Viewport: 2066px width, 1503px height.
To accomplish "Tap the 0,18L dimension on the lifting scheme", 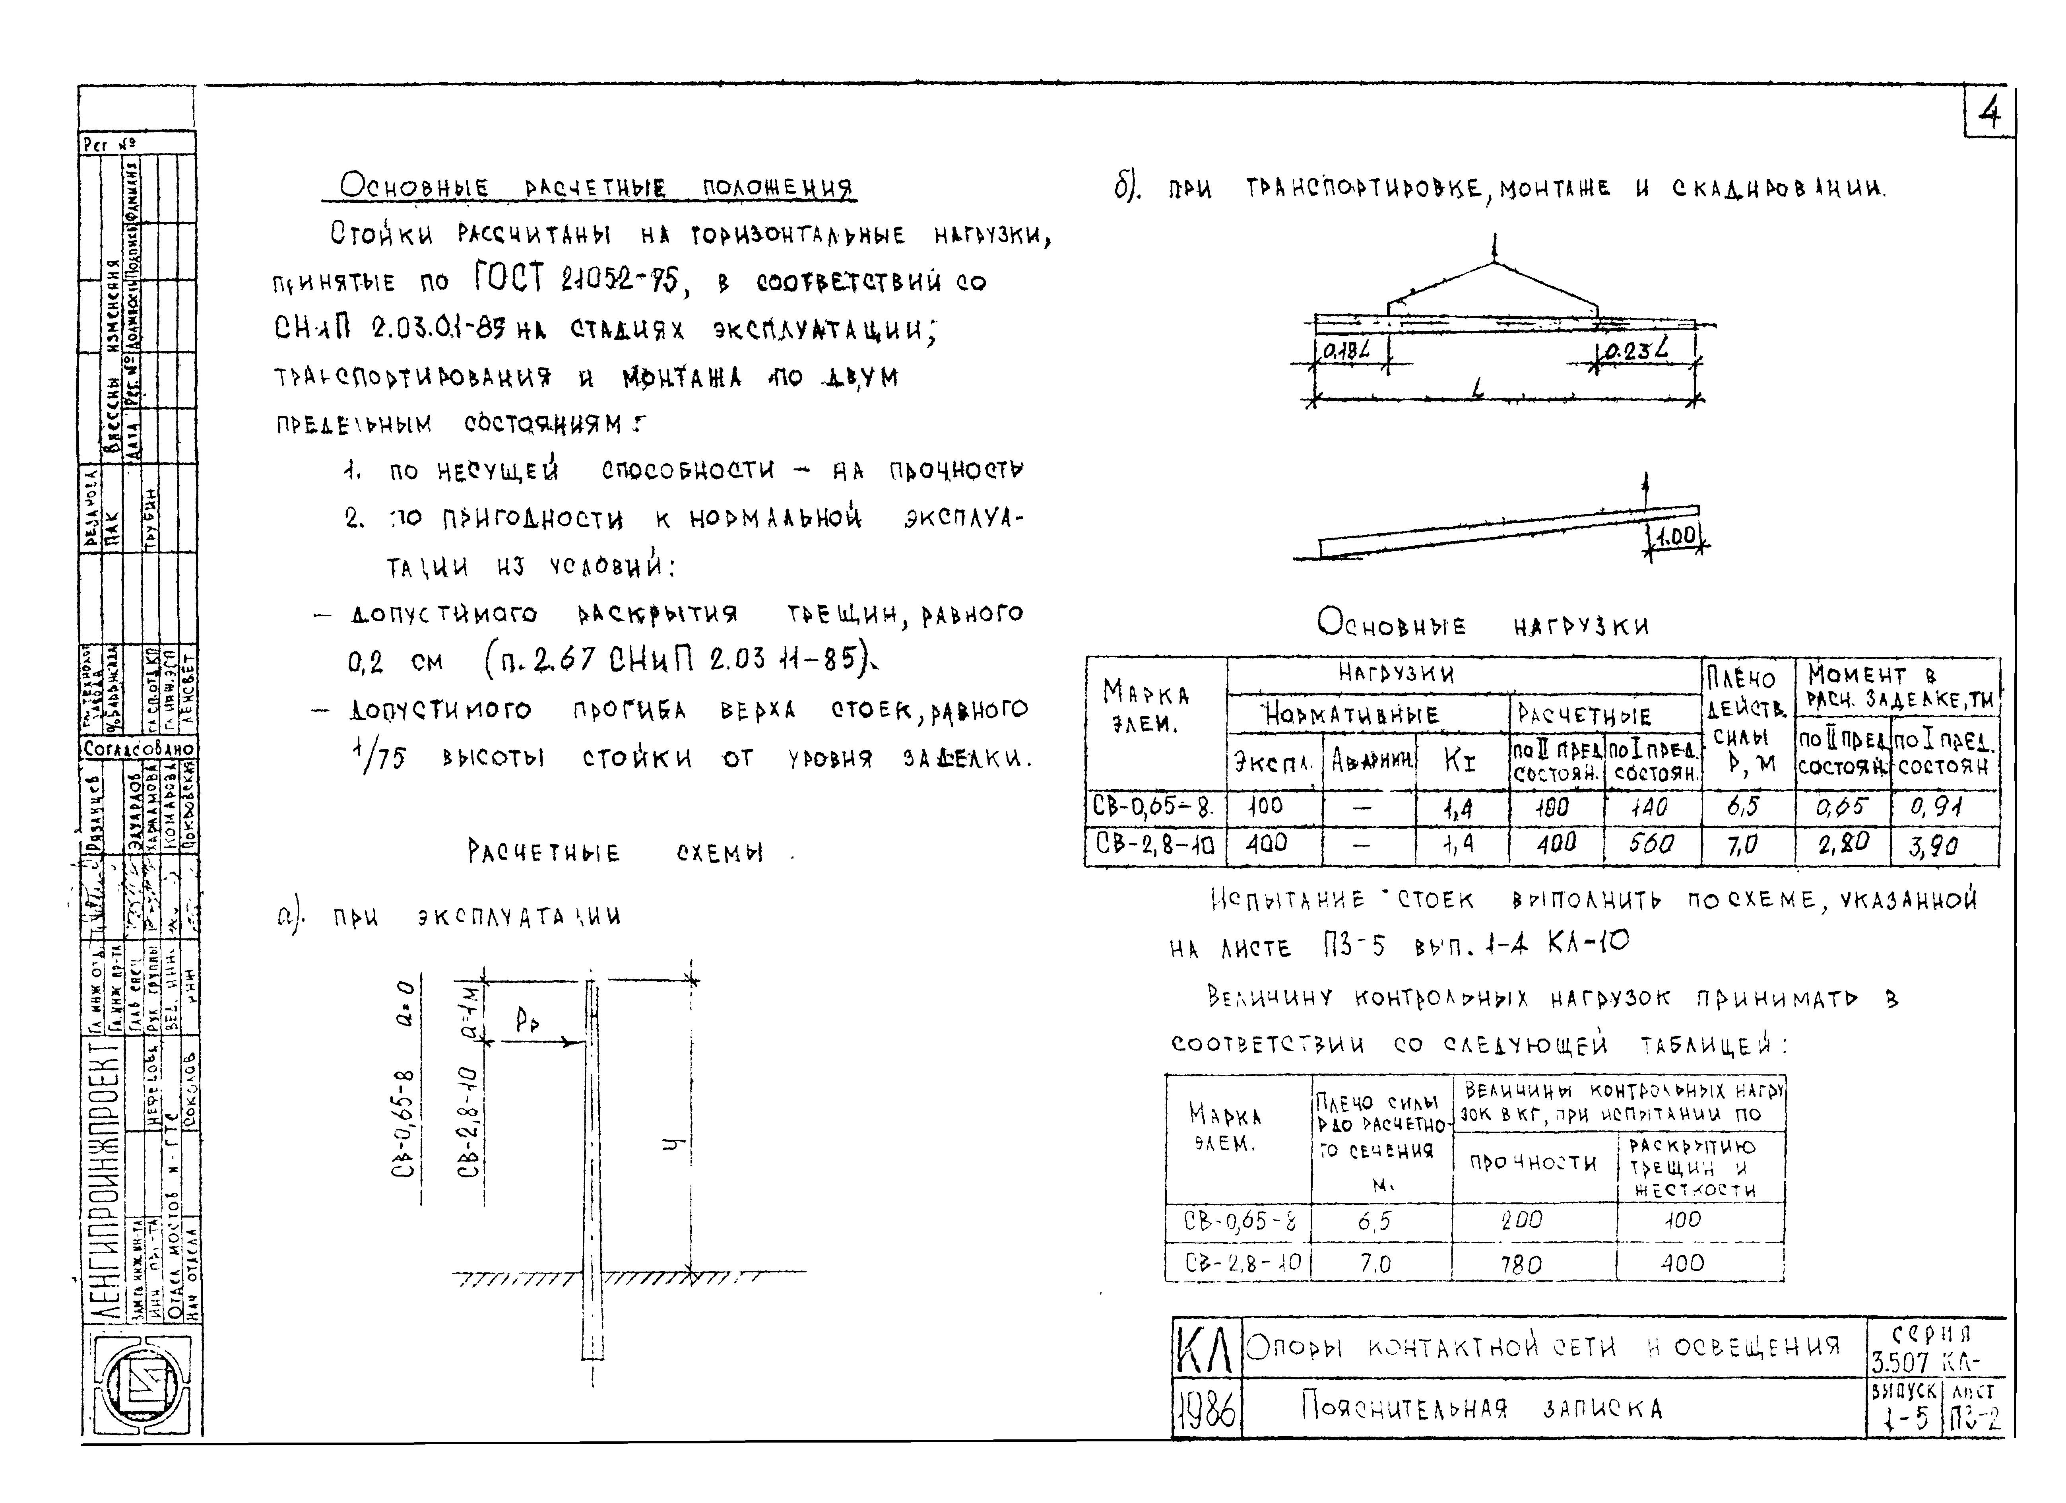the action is [1348, 350].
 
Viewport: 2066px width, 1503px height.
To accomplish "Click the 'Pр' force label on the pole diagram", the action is [526, 1022].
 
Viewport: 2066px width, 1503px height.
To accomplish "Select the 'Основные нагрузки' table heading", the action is [1483, 625].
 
